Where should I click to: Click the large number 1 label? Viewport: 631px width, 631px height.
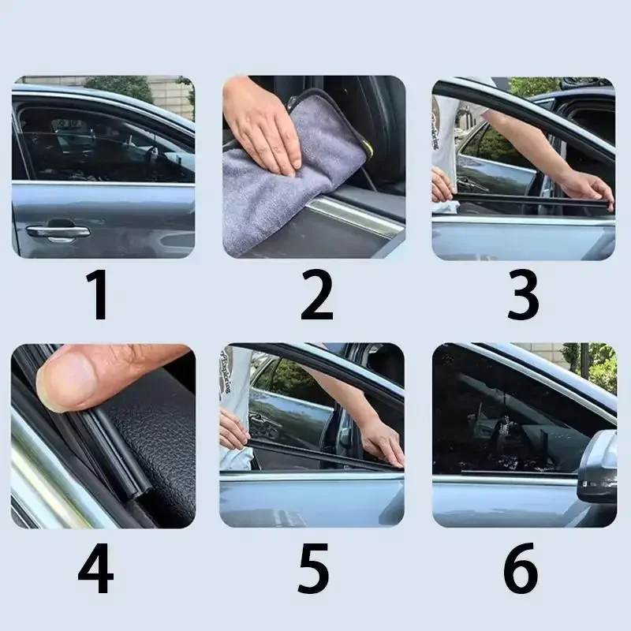[x=99, y=294]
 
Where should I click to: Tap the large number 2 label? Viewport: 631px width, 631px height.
[x=317, y=294]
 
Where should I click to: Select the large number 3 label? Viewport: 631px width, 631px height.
[x=523, y=294]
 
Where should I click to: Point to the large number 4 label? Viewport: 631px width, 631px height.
[x=95, y=568]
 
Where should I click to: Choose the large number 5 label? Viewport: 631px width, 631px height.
[x=313, y=568]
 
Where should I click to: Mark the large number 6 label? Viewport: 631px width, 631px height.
[x=521, y=568]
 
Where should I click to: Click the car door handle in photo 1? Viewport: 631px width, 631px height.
[x=58, y=231]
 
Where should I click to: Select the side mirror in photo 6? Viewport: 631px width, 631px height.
[x=599, y=467]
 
